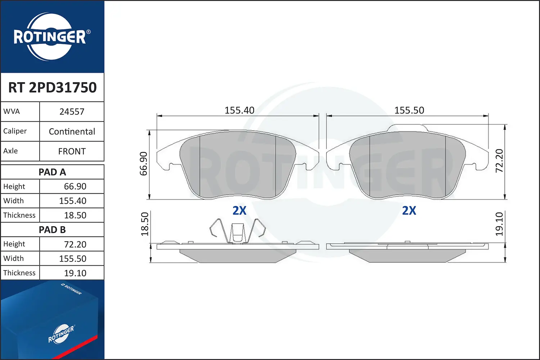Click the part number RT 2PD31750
click(x=52, y=87)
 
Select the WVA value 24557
click(x=72, y=112)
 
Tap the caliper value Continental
click(x=72, y=131)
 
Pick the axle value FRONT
click(x=72, y=151)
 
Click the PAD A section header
click(x=52, y=172)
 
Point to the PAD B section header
click(x=52, y=230)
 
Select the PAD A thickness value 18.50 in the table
click(x=75, y=215)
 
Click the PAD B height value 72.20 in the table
click(x=75, y=244)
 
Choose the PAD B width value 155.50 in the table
click(x=73, y=258)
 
